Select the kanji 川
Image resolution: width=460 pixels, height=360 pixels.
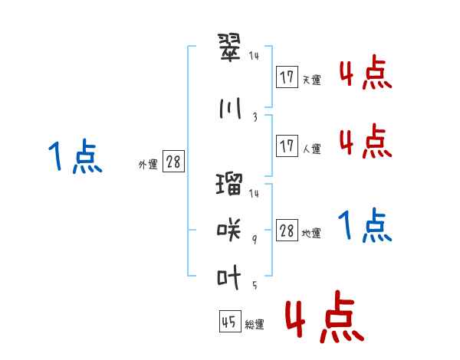pos(230,109)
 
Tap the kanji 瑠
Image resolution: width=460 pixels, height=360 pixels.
pos(230,185)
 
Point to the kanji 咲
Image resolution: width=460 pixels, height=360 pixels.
pos(230,229)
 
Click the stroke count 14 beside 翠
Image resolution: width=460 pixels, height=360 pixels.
pos(255,56)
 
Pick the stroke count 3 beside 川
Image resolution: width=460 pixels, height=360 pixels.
pos(255,117)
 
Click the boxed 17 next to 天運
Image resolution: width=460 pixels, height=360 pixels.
pos(287,77)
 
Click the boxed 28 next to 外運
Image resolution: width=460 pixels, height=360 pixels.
pos(173,162)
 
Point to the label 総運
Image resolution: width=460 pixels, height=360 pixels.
pos(255,325)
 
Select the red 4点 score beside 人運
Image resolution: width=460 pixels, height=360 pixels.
pos(365,141)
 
